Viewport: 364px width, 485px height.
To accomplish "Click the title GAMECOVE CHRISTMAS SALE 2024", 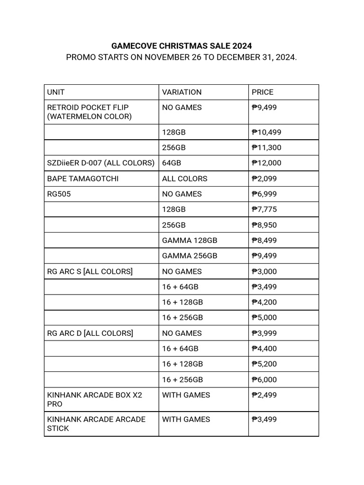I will [182, 46].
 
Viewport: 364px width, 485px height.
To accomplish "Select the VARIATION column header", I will [182, 92].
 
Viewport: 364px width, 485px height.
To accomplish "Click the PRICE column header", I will [263, 92].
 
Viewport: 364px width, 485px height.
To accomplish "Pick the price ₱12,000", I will [266, 163].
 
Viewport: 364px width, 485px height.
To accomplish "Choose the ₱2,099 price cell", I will [264, 179].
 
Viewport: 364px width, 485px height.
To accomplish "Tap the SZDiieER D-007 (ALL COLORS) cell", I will [101, 163].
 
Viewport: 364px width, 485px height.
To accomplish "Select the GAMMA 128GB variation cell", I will [190, 240].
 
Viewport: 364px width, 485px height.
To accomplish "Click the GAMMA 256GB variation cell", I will [190, 256].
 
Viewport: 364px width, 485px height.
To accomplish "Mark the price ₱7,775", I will [264, 209].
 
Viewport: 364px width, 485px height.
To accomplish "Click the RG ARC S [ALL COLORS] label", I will [90, 271].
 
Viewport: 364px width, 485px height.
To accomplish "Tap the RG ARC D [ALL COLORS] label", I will [90, 333].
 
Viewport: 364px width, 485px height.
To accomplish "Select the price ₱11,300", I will [266, 147].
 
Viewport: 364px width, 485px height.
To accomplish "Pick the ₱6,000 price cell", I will [264, 379].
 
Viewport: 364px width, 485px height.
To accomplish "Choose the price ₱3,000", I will [264, 271].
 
